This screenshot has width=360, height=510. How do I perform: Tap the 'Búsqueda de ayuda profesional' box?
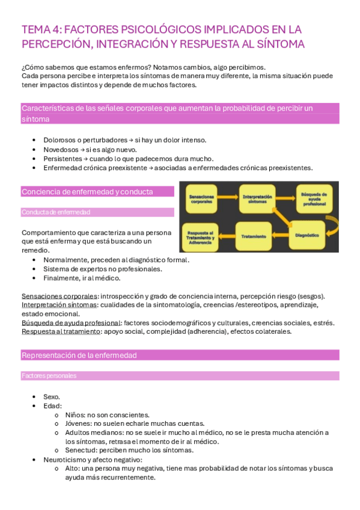[x=315, y=197]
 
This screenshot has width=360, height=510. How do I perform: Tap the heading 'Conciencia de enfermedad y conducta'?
[x=87, y=192]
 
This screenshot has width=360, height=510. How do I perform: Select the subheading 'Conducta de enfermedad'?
[x=55, y=212]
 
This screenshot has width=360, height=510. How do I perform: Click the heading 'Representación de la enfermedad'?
[x=79, y=355]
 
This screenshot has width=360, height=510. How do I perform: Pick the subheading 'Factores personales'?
[x=49, y=376]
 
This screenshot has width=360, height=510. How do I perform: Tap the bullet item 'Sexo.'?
[x=52, y=397]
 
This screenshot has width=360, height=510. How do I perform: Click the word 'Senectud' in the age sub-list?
[x=79, y=450]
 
